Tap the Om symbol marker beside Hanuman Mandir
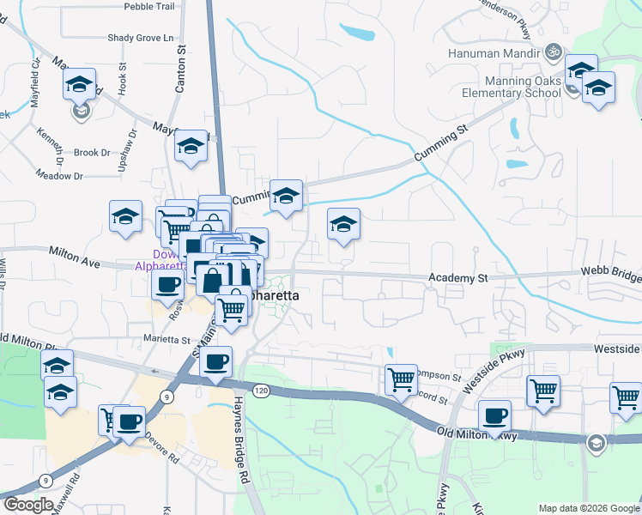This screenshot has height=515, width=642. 554,52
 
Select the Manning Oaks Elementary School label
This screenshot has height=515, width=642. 512,87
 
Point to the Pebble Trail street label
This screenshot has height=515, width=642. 148,6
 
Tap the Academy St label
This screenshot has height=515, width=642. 457,278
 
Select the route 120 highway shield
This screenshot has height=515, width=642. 262,391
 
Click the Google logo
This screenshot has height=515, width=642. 28,505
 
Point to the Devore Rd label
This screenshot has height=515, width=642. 161,453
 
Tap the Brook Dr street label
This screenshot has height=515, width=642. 92,153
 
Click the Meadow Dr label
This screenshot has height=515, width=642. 59,176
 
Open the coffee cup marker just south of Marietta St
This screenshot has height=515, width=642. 216,361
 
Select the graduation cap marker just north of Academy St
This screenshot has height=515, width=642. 343,225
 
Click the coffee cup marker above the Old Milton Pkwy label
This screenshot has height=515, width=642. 494,417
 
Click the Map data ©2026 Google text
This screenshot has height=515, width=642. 589,507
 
